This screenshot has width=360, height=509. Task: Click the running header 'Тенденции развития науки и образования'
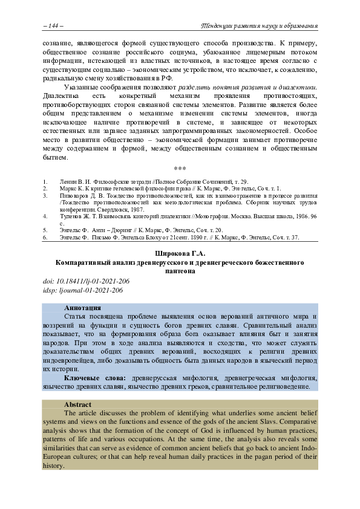coord(259,25)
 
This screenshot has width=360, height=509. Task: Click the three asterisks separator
coord(180,169)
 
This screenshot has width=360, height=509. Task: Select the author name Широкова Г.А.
coord(180,254)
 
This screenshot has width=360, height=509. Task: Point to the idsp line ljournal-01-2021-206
coord(83,290)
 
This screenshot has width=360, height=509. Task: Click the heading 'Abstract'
coord(78,404)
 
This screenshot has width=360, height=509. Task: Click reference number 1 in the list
coord(44,181)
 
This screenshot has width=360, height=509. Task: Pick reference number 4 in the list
coord(44,215)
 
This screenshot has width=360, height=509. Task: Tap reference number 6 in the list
coord(44,238)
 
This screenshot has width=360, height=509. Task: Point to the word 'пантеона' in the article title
coord(180,271)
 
